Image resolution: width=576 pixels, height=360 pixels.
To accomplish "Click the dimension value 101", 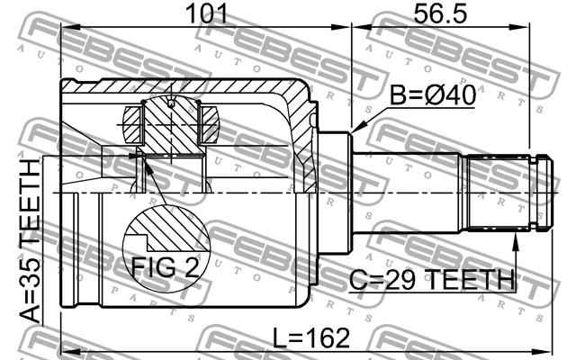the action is point(207,14).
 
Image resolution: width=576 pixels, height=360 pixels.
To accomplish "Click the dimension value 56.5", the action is point(440,14).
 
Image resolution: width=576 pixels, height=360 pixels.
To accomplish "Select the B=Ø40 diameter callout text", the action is point(432,95).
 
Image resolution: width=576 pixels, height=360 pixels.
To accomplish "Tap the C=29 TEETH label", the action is point(432,280).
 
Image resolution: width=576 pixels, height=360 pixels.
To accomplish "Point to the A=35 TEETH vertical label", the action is point(30,241).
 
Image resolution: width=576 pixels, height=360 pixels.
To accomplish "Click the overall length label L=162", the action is point(312,338).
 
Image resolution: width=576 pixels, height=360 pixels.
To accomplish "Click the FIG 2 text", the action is point(166,267).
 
